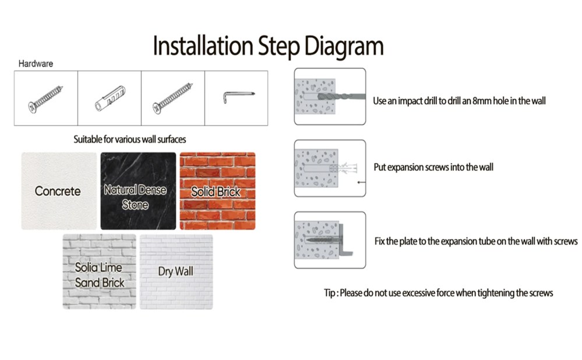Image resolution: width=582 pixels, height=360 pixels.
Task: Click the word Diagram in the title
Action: (344, 47)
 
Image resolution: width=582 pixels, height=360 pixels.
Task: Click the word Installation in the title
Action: (203, 45)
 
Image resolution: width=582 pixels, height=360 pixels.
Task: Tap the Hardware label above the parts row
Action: (36, 64)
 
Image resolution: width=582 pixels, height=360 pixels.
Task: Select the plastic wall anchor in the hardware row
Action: (110, 98)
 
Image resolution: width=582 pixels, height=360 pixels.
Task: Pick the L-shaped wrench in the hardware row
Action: (238, 97)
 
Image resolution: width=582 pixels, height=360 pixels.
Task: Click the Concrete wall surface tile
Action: (59, 190)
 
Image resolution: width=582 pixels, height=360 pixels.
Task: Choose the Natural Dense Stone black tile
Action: (138, 190)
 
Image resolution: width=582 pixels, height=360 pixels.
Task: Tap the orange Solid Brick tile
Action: (217, 190)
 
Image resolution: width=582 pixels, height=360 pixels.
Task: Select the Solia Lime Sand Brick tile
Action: (99, 271)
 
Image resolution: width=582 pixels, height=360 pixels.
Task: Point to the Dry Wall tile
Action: (177, 271)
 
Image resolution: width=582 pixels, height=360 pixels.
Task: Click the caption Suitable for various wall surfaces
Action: (129, 140)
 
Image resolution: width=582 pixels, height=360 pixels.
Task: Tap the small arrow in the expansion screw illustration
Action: (361, 182)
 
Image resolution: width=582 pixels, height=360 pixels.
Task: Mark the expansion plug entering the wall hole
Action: (343, 169)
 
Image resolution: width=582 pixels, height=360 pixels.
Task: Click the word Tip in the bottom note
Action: (330, 293)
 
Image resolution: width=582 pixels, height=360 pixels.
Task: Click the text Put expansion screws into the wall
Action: (433, 167)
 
